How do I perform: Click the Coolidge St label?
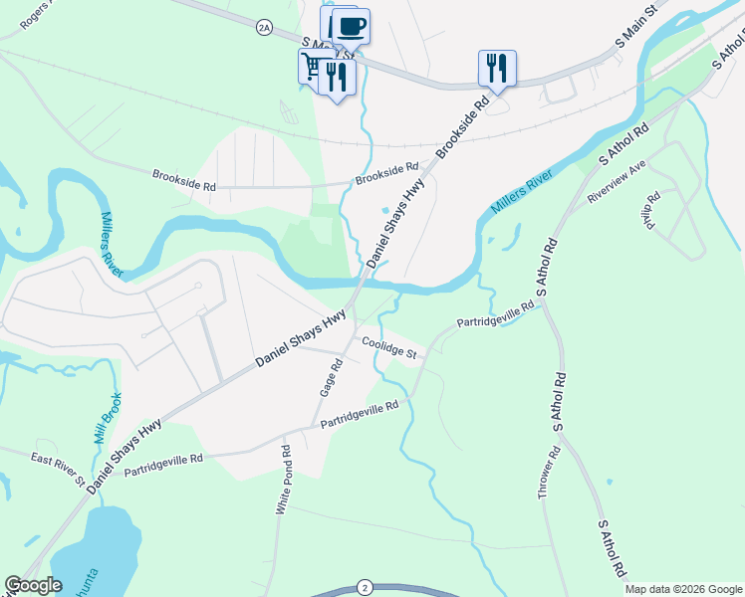click(394, 347)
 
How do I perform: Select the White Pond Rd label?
click(284, 479)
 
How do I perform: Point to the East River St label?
click(58, 469)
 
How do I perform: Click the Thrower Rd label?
click(550, 474)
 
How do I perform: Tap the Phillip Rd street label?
click(652, 211)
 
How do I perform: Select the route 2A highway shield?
click(264, 28)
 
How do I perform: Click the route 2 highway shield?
click(366, 588)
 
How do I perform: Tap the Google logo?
click(33, 586)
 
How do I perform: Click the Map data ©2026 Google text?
click(682, 589)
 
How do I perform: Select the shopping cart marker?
click(314, 67)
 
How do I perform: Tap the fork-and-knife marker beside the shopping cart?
click(337, 76)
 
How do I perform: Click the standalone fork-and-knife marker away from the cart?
click(497, 67)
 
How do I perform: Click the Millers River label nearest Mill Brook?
click(112, 246)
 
